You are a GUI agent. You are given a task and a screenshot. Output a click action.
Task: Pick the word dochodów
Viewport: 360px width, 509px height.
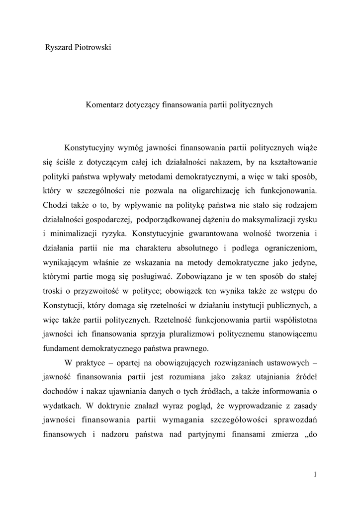click(x=60, y=390)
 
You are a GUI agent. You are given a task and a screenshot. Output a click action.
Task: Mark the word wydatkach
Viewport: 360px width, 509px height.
click(x=62, y=404)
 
